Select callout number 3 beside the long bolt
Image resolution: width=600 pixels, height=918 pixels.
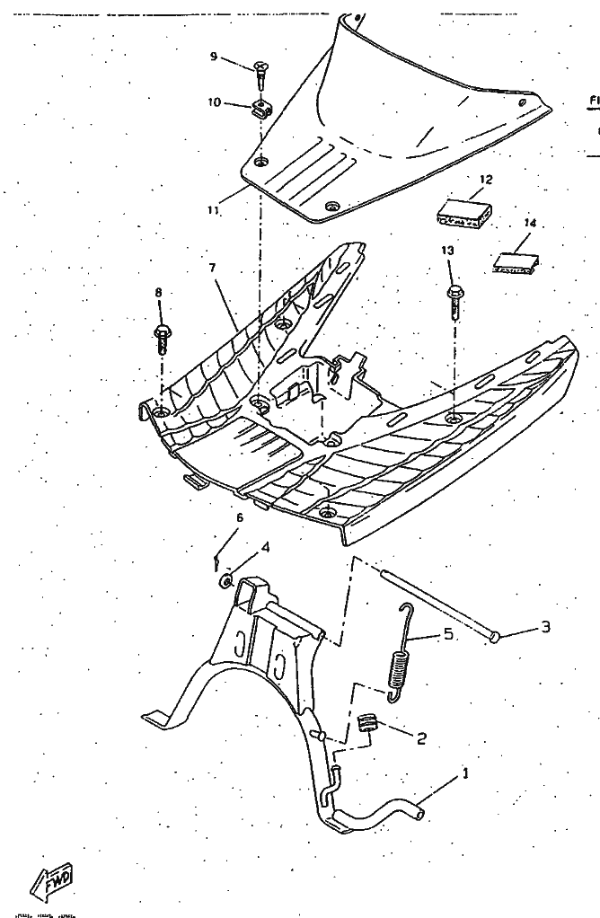[x=545, y=627]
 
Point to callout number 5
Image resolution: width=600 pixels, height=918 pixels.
[x=446, y=635]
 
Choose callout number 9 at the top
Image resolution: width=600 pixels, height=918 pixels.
[x=214, y=57]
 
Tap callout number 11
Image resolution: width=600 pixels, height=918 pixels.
[x=213, y=210]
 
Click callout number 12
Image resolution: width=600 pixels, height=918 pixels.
[x=486, y=180]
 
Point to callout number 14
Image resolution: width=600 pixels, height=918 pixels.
[x=529, y=222]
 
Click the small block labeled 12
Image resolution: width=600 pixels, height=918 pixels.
[x=465, y=214]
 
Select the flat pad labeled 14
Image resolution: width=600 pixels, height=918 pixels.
[x=517, y=260]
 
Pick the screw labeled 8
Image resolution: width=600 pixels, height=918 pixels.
[x=163, y=335]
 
